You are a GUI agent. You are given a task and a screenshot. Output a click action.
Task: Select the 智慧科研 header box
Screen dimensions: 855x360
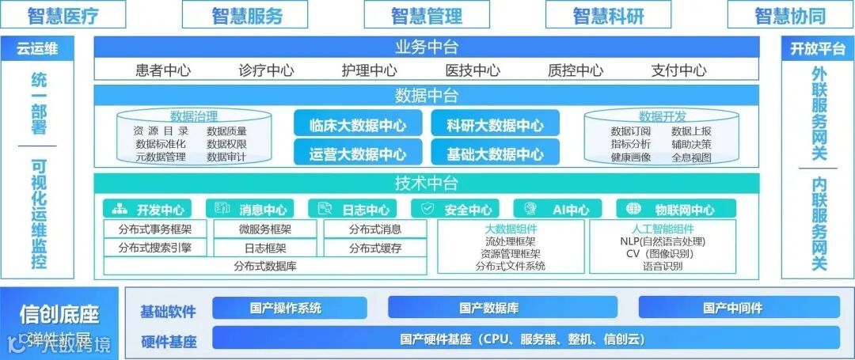point(608,15)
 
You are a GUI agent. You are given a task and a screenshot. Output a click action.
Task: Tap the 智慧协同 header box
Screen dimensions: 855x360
point(789,15)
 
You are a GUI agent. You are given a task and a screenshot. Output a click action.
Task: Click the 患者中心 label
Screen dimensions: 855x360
point(163,70)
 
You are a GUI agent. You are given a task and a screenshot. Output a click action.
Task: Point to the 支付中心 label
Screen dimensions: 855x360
point(678,70)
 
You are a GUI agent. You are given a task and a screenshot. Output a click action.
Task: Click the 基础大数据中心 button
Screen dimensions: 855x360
point(495,153)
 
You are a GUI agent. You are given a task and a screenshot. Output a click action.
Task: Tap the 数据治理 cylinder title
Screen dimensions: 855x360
point(194,116)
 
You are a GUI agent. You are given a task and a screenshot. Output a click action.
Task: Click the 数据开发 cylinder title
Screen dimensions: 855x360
point(663,116)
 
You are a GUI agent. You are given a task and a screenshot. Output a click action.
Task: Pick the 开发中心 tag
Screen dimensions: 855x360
point(150,210)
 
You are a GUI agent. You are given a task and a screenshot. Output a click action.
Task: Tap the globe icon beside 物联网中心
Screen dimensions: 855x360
point(633,209)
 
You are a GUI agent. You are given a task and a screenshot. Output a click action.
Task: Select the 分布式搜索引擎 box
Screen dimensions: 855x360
point(154,248)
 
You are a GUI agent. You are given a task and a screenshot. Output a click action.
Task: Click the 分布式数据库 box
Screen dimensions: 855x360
point(264,267)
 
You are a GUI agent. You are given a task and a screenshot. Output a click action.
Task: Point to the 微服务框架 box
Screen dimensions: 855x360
point(264,229)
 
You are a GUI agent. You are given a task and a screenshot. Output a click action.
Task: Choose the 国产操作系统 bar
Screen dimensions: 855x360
point(285,308)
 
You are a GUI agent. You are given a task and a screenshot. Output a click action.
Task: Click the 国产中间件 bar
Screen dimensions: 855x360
point(732,308)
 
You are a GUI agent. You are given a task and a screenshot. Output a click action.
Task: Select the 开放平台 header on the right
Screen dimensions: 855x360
point(817,48)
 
